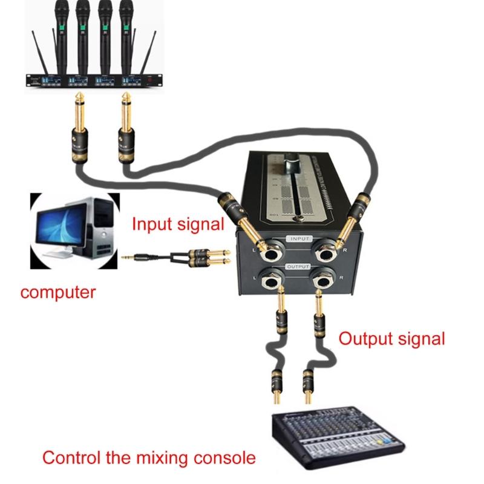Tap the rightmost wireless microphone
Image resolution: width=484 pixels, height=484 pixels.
[126, 30]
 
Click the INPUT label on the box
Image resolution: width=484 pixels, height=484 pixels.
[299, 239]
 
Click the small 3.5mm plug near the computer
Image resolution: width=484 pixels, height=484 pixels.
[130, 258]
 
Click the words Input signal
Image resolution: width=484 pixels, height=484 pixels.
[178, 224]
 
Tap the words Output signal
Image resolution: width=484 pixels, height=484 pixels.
[391, 338]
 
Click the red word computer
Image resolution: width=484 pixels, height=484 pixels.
[58, 293]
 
